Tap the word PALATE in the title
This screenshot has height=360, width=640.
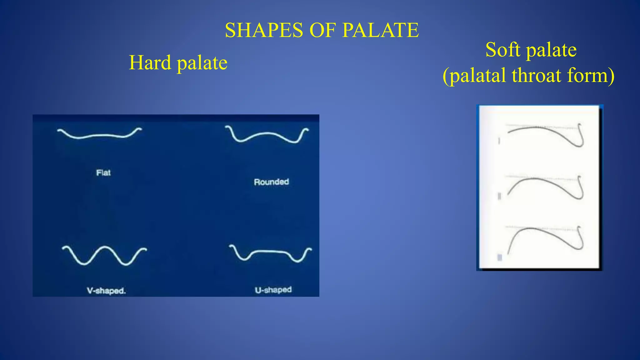tap(380, 30)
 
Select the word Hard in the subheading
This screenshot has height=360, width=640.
tap(150, 62)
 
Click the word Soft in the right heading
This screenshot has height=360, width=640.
tap(503, 50)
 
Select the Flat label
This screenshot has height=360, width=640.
tap(103, 173)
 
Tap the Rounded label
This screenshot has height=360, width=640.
tap(271, 182)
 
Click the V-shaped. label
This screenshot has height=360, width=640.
tap(106, 291)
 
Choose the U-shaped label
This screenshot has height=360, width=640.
tap(273, 290)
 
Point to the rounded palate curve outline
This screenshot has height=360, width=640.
tap(267, 134)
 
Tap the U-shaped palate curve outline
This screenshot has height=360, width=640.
tap(270, 251)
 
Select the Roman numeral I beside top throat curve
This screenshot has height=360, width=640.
tap(499, 141)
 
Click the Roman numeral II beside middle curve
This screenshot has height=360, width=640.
tap(499, 196)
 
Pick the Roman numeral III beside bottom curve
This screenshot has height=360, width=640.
tap(499, 257)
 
